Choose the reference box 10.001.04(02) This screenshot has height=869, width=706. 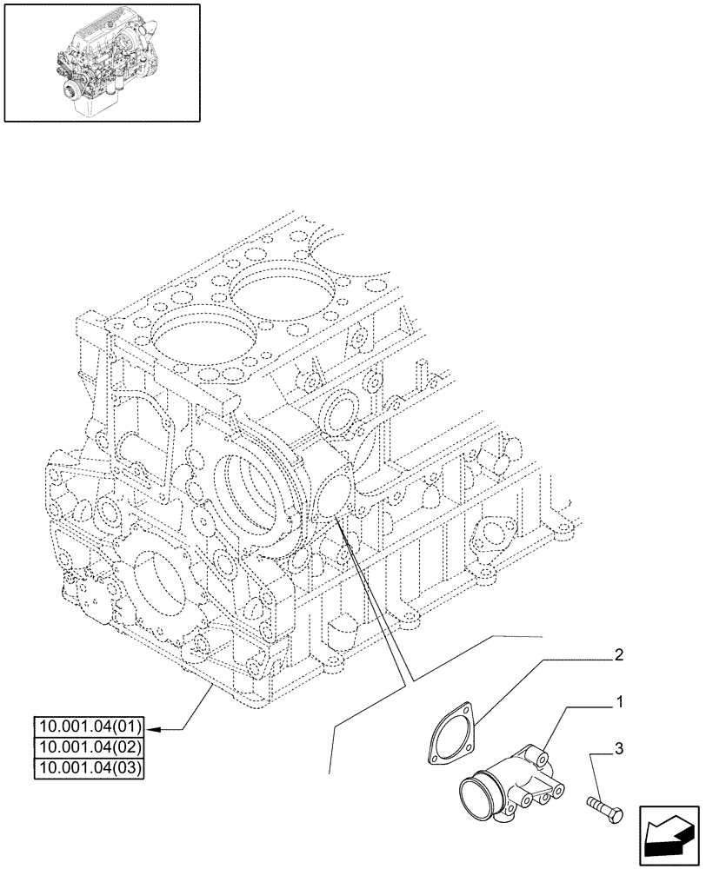[89, 746]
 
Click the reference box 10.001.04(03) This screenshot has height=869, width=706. [89, 766]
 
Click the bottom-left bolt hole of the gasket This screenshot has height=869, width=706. [433, 757]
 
